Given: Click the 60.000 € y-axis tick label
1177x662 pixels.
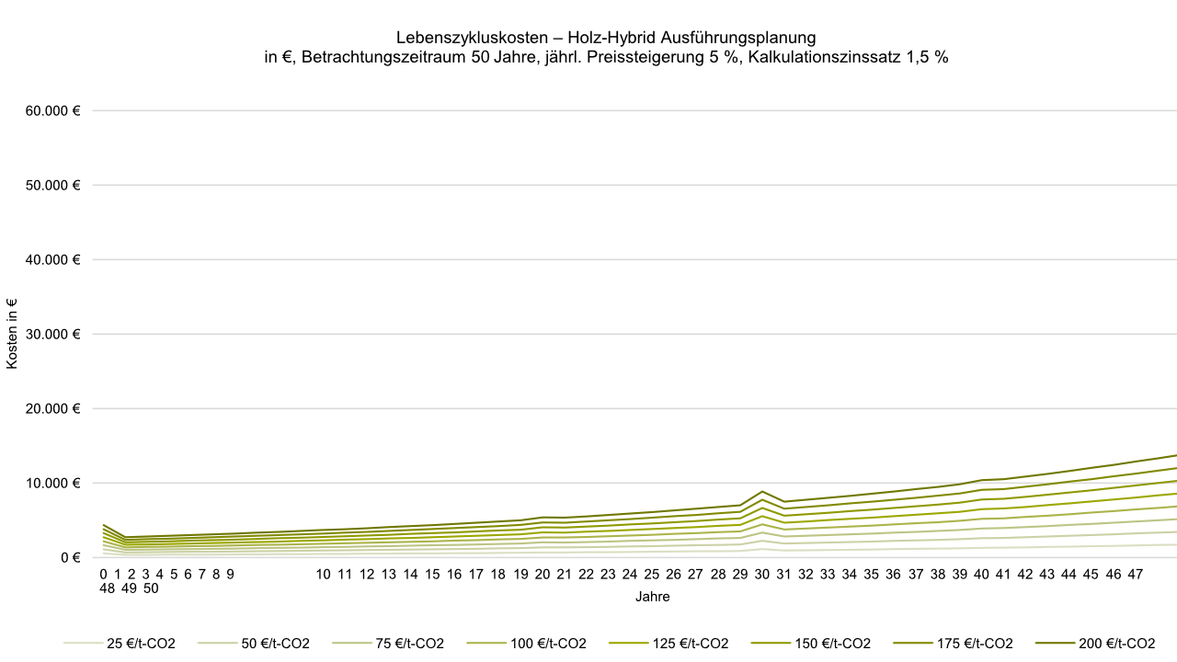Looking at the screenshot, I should click(x=53, y=110).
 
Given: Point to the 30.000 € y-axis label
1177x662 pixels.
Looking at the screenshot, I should click(x=53, y=334).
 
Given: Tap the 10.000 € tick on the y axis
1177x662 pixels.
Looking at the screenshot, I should click(x=53, y=483).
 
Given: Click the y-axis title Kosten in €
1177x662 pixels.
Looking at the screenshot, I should click(x=12, y=334).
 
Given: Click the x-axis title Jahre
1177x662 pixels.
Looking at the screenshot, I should click(x=652, y=597).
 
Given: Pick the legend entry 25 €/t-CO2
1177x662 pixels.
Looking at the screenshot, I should click(x=141, y=644).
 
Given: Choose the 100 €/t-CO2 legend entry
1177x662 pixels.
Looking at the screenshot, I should click(x=548, y=644).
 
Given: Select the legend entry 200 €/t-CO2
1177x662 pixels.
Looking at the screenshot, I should click(x=1117, y=644).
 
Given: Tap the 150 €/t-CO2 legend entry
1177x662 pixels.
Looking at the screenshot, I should click(x=833, y=644).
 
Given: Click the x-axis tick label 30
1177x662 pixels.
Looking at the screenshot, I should click(x=761, y=575).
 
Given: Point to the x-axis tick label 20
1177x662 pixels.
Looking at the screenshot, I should click(x=543, y=575).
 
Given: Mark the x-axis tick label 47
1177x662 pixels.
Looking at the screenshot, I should click(x=1135, y=575).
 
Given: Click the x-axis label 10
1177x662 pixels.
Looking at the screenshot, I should click(x=323, y=575).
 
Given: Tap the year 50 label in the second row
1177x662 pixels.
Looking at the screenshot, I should click(x=150, y=589).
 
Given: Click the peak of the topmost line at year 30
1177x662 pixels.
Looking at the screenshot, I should click(x=761, y=492).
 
